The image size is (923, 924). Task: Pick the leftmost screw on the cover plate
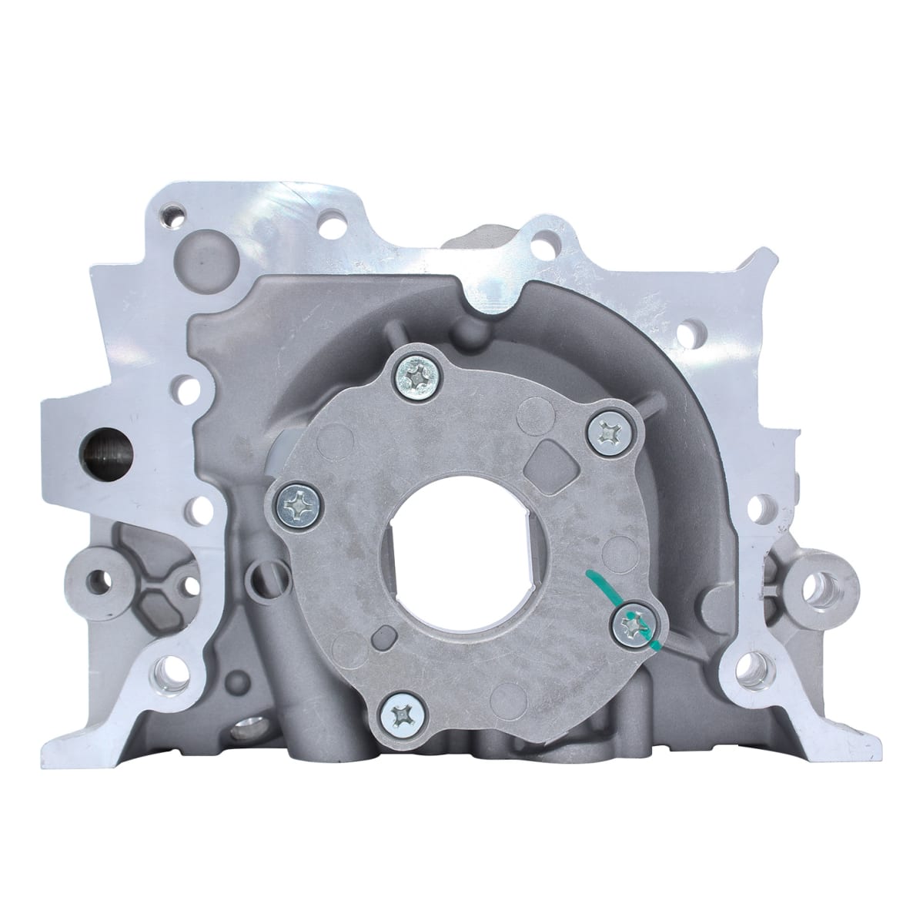pos(294,504)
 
